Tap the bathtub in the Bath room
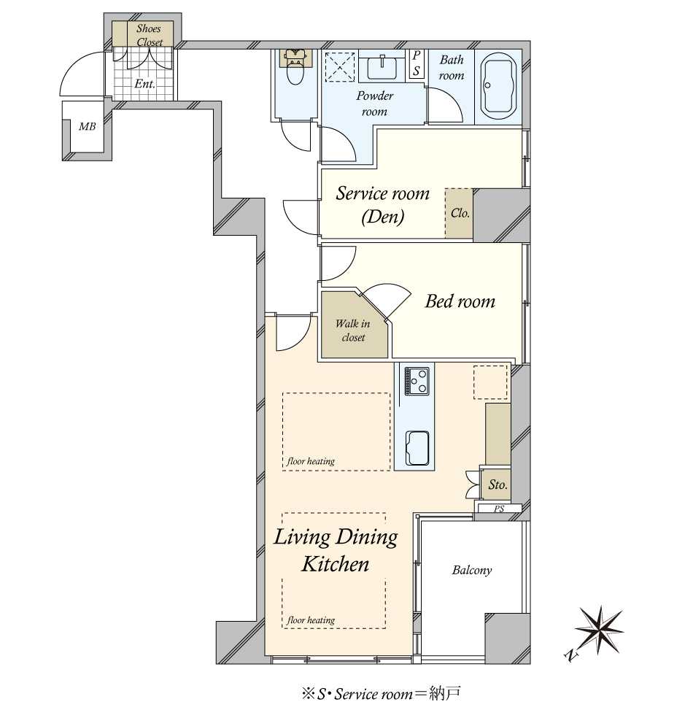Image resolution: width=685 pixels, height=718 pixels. [x=498, y=87]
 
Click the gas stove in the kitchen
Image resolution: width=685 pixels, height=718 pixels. [x=417, y=381]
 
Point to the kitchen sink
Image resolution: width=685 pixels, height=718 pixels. [x=417, y=448]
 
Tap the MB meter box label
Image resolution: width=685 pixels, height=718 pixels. [x=87, y=126]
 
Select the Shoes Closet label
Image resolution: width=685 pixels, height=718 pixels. [x=150, y=35]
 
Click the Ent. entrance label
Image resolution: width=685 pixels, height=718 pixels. [x=144, y=84]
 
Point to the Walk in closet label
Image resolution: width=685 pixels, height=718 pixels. [x=353, y=330]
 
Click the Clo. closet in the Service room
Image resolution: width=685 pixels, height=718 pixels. [x=460, y=213]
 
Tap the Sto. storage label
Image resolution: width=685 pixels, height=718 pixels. [x=498, y=485]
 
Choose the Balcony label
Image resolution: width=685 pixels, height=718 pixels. [x=472, y=570]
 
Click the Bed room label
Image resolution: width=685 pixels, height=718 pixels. [x=460, y=301]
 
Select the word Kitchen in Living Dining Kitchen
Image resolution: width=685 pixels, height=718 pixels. [x=335, y=564]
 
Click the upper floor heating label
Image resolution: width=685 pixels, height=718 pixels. [x=311, y=461]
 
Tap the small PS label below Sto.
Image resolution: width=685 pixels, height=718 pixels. [x=499, y=509]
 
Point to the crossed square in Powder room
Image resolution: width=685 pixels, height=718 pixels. [x=340, y=67]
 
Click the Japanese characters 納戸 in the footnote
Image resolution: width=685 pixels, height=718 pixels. [x=444, y=694]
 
